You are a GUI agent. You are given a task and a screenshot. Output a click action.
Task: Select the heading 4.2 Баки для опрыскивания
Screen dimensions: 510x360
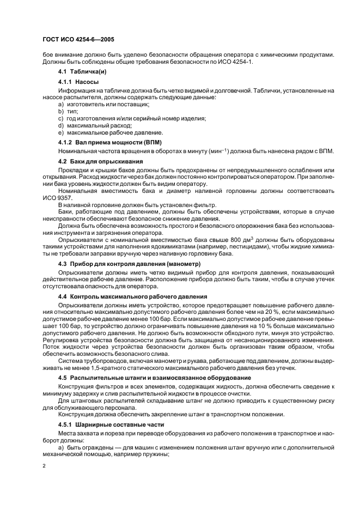[101, 162]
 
